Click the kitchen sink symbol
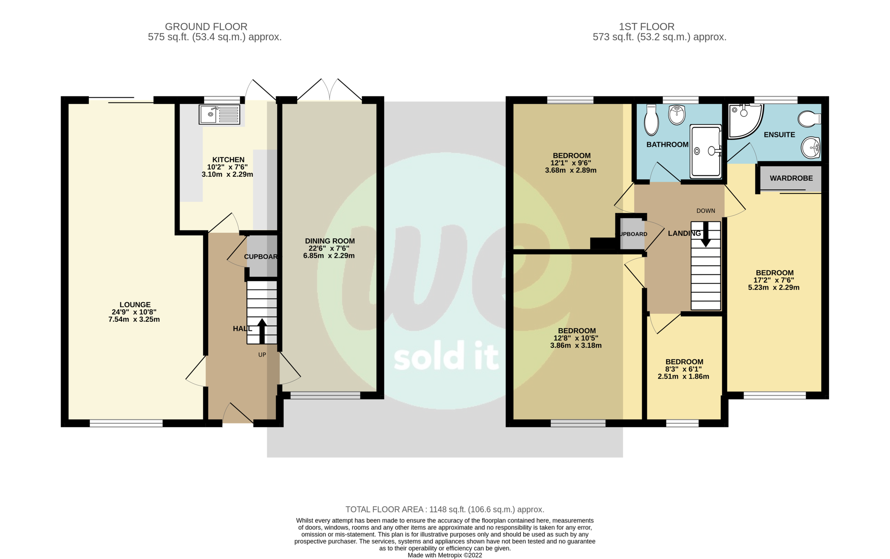[x=219, y=114]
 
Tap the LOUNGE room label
[x=135, y=305]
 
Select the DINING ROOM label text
[x=330, y=241]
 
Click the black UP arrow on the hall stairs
[x=262, y=330]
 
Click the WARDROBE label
[x=791, y=178]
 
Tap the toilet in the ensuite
[x=809, y=119]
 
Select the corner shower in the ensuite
[x=744, y=120]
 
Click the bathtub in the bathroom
[x=705, y=151]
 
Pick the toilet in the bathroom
[x=651, y=119]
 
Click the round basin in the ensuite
[x=811, y=148]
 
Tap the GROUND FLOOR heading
[x=206, y=27]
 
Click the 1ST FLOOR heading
[x=646, y=27]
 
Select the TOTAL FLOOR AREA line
[x=445, y=510]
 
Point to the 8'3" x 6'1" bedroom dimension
[x=683, y=369]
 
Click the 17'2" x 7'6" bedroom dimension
[x=774, y=280]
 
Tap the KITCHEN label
[x=228, y=160]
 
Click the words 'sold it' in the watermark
[x=446, y=357]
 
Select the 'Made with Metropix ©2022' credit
[x=445, y=555]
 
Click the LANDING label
[x=684, y=234]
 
